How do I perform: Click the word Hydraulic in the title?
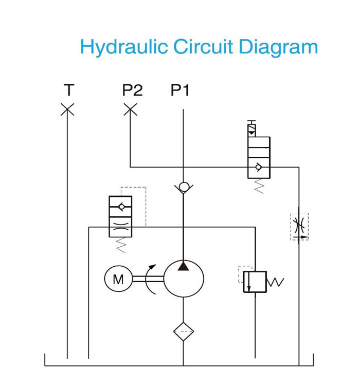[124, 47]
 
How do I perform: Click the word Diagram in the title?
[278, 47]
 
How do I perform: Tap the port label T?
[69, 90]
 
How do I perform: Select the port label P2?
[133, 90]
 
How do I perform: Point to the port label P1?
[180, 90]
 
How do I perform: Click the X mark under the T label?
[67, 109]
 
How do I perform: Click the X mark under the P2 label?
[131, 109]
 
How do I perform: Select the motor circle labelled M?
[118, 279]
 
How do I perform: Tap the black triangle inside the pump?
[183, 266]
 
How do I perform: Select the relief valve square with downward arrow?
[255, 282]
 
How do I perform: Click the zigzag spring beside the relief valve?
[275, 282]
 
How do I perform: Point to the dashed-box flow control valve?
[299, 227]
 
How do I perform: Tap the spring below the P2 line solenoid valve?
[259, 186]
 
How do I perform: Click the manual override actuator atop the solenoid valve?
[251, 128]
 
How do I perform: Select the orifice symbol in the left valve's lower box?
[120, 227]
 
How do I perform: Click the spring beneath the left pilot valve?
[121, 245]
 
